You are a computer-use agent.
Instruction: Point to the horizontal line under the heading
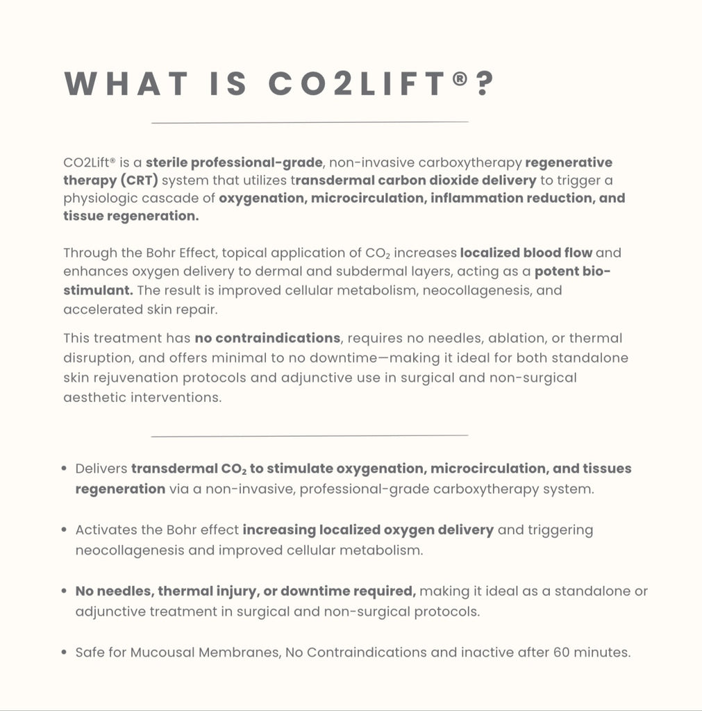pos(310,122)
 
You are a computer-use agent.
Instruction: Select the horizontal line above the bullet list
pos(310,436)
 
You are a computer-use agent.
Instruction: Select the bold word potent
pos(560,271)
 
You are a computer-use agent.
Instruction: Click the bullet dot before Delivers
pos(65,469)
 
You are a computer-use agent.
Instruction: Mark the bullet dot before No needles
pos(65,592)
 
